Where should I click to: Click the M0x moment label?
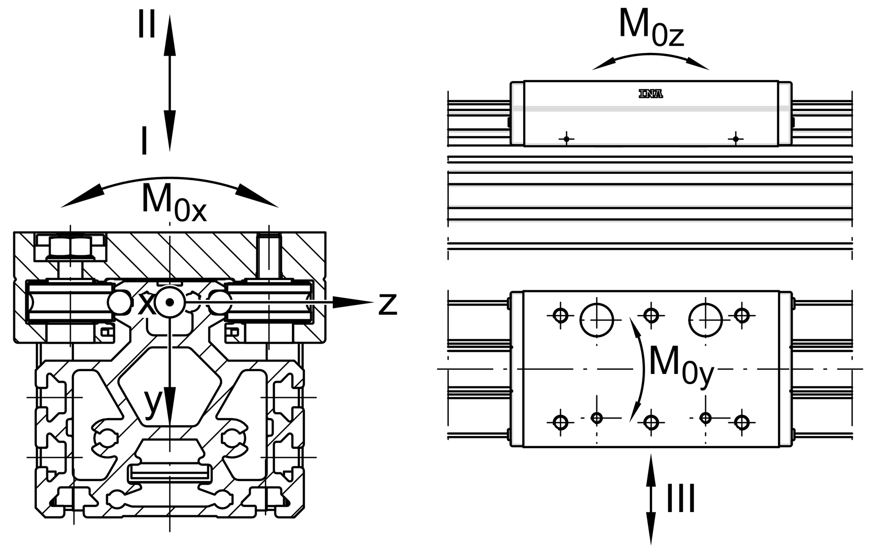tap(173, 202)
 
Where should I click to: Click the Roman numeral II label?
tap(147, 25)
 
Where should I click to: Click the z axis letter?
tap(387, 304)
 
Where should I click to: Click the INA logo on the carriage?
tap(651, 94)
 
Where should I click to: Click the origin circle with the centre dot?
tap(170, 302)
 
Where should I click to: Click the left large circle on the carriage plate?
tap(597, 319)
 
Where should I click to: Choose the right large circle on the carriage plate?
tap(705, 319)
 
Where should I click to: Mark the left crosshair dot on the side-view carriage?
tap(566, 138)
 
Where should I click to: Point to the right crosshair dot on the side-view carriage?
tap(736, 138)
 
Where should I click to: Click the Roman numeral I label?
tap(144, 142)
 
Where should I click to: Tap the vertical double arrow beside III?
tap(651, 499)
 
